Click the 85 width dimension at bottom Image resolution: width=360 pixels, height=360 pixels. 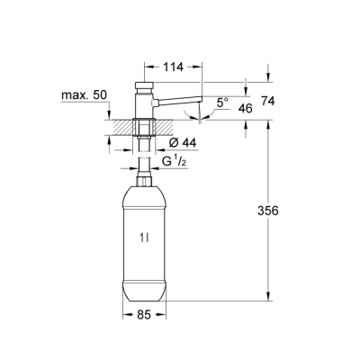point(144,316)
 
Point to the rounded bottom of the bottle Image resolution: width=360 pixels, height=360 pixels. point(144,293)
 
